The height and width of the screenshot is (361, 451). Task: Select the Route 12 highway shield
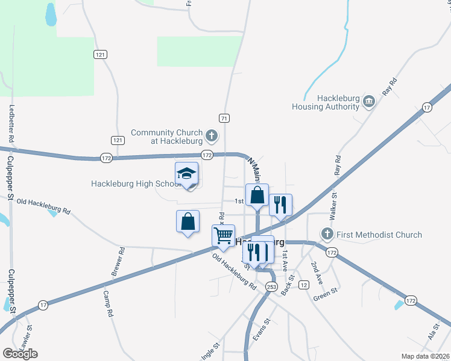[x=303, y=285]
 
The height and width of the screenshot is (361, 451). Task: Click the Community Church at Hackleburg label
[x=166, y=137]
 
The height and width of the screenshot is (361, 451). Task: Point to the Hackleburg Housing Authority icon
[x=369, y=103]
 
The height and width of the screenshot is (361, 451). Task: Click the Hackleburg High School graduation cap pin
[x=186, y=174]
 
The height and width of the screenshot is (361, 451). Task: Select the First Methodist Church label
[x=379, y=234]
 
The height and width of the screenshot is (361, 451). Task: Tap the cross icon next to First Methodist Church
[x=327, y=233]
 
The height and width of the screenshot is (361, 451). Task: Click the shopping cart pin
[x=224, y=236]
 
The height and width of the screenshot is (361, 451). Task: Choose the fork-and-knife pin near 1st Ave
[x=280, y=205]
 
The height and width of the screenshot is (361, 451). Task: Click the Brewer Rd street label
[x=118, y=262]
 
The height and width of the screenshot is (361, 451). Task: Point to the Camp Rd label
[x=107, y=304]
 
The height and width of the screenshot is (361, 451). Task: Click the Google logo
[x=20, y=353]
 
